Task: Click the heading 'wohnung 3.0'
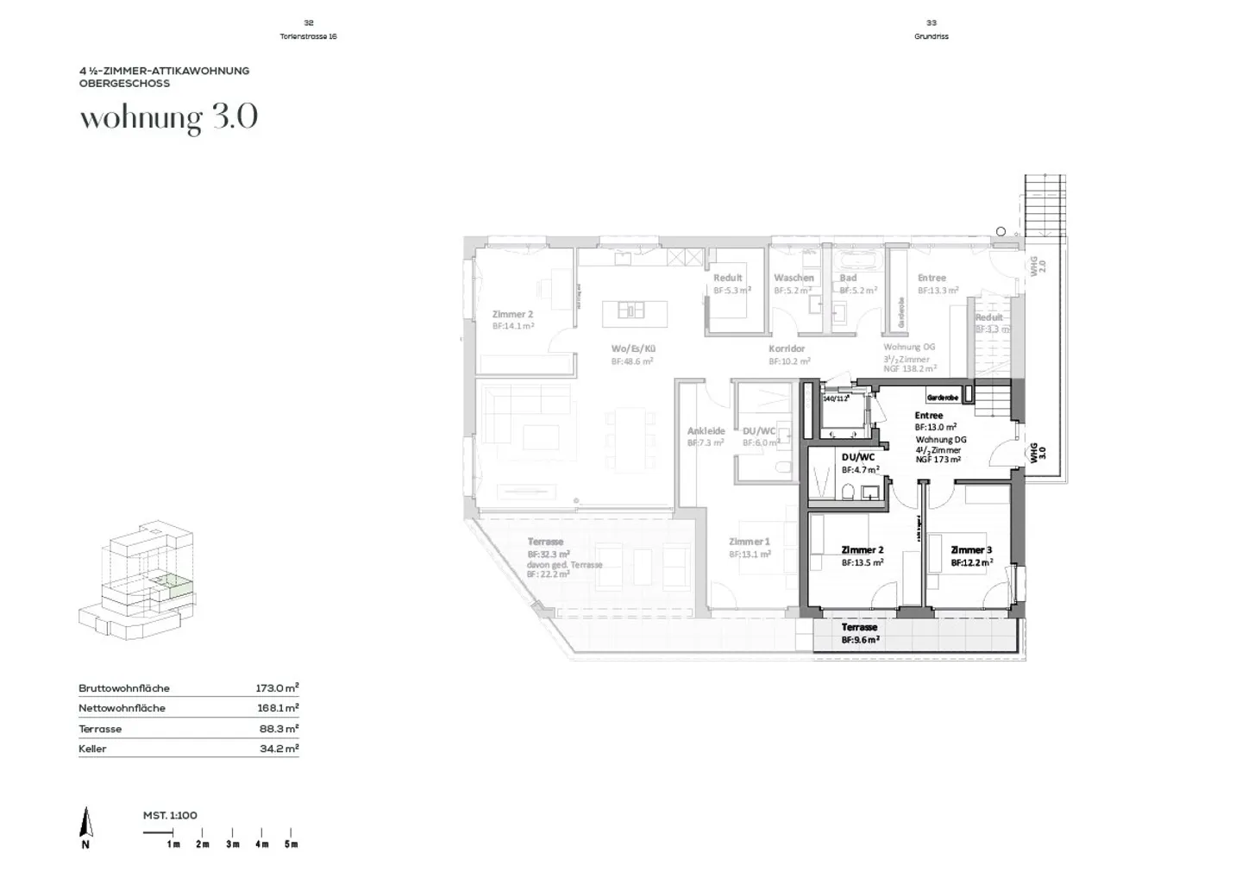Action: pyautogui.click(x=169, y=118)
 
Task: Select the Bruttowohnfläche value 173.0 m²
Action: pyautogui.click(x=277, y=688)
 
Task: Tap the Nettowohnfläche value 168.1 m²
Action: pyautogui.click(x=277, y=708)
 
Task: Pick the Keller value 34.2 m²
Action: pyautogui.click(x=279, y=749)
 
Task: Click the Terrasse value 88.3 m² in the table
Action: pyautogui.click(x=278, y=729)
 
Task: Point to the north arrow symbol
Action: pyautogui.click(x=85, y=824)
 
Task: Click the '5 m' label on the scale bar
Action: pyautogui.click(x=291, y=844)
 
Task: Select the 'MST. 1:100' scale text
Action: pyautogui.click(x=170, y=815)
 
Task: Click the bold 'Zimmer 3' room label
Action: pyautogui.click(x=971, y=550)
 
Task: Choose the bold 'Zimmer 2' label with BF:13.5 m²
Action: pyautogui.click(x=862, y=550)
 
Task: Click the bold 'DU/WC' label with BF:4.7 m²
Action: pyautogui.click(x=857, y=457)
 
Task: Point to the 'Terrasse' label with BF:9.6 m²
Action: pyautogui.click(x=859, y=628)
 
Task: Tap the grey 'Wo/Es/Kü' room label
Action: pyautogui.click(x=634, y=349)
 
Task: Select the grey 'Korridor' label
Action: pyautogui.click(x=787, y=349)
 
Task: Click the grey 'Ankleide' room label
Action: pyautogui.click(x=706, y=431)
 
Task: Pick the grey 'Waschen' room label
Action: pyautogui.click(x=793, y=278)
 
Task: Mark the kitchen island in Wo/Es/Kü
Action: pyautogui.click(x=630, y=309)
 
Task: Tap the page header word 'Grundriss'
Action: pyautogui.click(x=931, y=36)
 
